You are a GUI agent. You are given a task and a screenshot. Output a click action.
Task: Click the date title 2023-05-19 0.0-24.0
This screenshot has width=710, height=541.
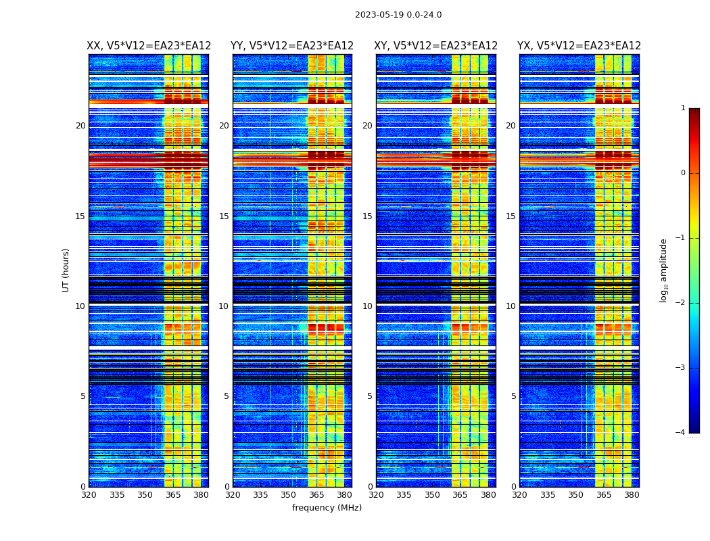tap(398, 15)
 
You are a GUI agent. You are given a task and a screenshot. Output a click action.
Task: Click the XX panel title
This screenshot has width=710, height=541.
tap(149, 46)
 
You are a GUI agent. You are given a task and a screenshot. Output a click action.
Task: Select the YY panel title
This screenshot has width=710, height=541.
tap(292, 46)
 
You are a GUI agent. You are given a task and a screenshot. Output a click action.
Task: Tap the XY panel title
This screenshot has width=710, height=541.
tap(436, 46)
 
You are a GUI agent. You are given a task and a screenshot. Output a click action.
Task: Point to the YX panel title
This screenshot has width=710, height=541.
tap(579, 46)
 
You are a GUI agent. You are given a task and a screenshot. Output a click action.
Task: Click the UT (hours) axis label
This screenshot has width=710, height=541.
tap(66, 270)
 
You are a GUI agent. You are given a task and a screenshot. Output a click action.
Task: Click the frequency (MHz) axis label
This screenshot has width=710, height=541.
tap(327, 508)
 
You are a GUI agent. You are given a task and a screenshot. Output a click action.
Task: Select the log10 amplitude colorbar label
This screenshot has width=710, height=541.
tap(664, 270)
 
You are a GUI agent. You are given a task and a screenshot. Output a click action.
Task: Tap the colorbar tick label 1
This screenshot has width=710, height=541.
tap(682, 108)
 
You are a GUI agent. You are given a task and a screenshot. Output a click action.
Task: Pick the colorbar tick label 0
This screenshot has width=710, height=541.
tap(682, 173)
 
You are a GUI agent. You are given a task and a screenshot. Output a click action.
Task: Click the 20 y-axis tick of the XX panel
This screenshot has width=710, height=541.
tap(80, 126)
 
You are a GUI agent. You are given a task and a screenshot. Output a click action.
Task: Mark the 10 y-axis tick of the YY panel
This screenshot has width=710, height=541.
tap(224, 306)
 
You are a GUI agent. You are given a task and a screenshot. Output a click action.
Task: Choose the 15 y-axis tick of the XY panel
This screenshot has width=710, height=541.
tap(367, 216)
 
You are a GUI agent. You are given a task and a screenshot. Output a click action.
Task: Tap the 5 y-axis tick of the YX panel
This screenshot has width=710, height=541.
tap(514, 396)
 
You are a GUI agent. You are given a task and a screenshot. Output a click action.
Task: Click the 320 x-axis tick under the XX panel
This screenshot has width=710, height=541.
tap(89, 495)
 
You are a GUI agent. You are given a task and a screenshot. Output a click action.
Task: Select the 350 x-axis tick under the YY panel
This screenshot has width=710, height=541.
tap(289, 495)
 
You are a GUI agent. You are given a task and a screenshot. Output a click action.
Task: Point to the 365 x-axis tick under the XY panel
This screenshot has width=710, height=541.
tap(460, 495)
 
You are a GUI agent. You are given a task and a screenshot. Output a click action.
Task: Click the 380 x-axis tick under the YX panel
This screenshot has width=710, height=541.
tap(632, 495)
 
